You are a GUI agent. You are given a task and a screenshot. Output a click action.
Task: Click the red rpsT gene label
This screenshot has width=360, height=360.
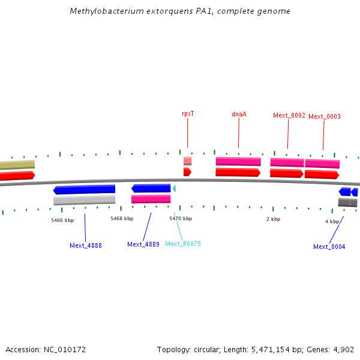188,113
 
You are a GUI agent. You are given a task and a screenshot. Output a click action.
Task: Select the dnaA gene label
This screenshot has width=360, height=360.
239,114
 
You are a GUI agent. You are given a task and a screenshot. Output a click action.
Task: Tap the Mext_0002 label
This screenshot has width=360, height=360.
289,115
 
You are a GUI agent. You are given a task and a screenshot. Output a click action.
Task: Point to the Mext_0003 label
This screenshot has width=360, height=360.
325,116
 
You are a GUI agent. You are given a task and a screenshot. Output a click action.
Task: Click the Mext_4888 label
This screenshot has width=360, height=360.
86,245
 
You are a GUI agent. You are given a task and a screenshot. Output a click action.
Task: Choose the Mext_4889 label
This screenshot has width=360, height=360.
143,244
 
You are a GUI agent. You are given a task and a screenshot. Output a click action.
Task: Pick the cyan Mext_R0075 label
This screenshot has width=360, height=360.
183,244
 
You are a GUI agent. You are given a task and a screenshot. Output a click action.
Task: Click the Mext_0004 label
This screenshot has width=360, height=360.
329,247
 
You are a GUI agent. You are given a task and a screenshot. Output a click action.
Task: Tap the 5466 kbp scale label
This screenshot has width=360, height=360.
62,220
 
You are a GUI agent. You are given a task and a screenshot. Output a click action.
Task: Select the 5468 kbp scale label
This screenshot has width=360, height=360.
122,218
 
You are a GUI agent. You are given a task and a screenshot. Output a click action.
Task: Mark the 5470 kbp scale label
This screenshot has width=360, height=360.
181,218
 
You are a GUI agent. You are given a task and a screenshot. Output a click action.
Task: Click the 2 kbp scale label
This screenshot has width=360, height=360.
273,219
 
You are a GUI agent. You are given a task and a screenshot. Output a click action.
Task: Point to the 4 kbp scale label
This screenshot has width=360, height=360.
332,221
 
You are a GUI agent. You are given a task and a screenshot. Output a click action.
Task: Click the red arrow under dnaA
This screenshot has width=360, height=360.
238,172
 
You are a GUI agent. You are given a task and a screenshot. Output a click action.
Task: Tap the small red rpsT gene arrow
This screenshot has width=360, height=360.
187,172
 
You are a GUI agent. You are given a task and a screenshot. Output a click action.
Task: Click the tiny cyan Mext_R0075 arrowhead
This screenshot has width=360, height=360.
174,188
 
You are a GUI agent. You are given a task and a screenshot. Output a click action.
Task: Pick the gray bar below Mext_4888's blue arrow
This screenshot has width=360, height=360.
84,200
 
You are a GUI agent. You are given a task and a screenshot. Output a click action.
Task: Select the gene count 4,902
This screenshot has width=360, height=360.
344,349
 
